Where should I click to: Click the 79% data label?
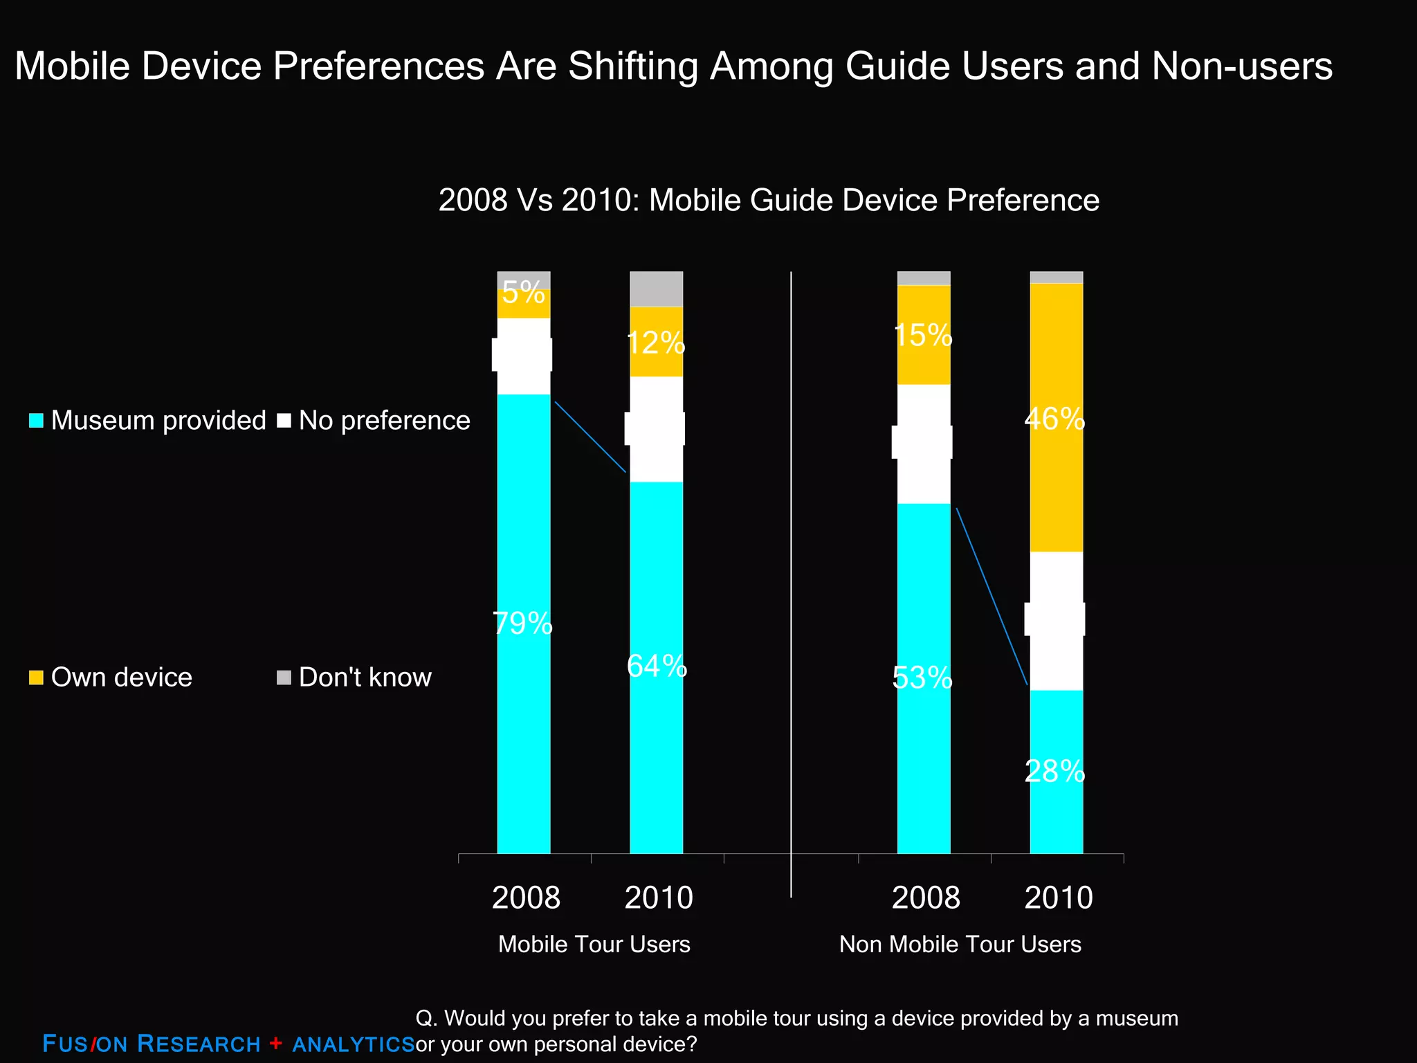(522, 624)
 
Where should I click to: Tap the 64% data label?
(657, 666)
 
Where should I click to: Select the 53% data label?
(922, 678)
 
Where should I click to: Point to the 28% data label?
(1054, 772)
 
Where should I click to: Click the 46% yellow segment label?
(1054, 419)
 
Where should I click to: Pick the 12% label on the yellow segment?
(656, 343)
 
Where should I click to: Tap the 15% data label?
(922, 336)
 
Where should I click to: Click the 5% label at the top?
(523, 293)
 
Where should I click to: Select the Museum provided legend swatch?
(36, 421)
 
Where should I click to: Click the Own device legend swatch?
(36, 678)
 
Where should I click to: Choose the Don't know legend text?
(365, 678)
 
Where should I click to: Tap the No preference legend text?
(384, 421)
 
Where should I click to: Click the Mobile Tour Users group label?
(594, 945)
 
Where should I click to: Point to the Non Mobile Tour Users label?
(960, 945)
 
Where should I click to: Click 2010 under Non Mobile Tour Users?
(1058, 898)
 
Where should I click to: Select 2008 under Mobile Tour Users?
(526, 898)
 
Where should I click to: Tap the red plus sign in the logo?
(276, 1043)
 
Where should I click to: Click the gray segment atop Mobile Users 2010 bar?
(656, 289)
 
